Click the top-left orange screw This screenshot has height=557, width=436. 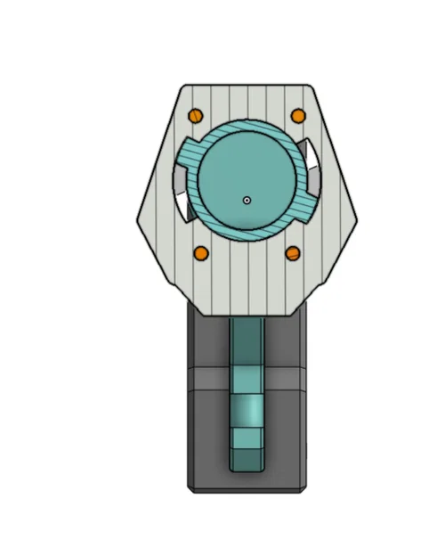click(196, 115)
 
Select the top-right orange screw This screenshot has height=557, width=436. click(299, 115)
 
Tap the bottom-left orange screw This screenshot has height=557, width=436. click(201, 254)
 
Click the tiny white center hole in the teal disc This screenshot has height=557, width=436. click(247, 200)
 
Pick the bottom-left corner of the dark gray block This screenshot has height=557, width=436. click(190, 489)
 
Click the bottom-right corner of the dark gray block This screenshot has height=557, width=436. click(306, 489)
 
